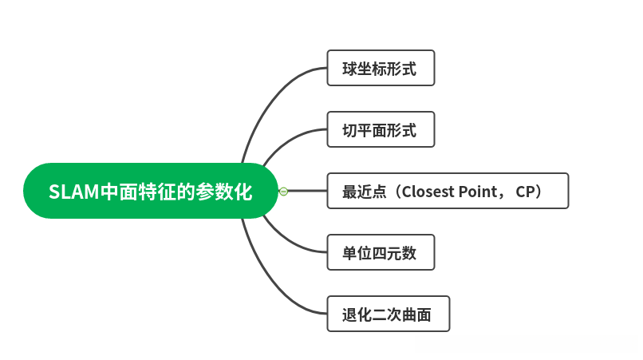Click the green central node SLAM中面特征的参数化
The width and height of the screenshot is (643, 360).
(150, 191)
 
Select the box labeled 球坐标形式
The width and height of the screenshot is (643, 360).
(381, 68)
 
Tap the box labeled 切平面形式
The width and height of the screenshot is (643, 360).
(381, 129)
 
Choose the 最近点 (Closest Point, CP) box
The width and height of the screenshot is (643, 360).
(448, 191)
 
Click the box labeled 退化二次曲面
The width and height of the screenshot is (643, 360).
(388, 314)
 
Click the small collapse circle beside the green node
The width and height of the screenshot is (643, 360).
(283, 191)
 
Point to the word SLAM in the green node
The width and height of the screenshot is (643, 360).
(70, 192)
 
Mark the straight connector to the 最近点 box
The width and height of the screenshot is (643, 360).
(307, 191)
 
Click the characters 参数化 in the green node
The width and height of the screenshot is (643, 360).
(224, 192)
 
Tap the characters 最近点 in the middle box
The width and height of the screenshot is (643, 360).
(364, 192)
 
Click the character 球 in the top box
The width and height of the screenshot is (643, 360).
(349, 69)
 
